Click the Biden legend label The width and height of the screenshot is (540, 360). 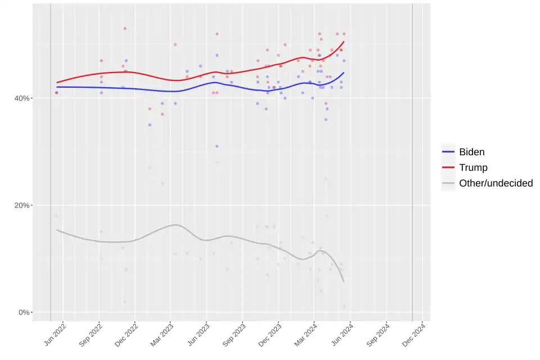click(x=471, y=152)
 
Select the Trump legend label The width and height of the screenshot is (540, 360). click(x=473, y=168)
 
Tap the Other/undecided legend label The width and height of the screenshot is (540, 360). click(x=496, y=183)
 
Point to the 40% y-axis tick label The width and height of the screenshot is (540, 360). click(x=22, y=98)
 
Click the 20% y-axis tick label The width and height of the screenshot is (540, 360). click(x=22, y=205)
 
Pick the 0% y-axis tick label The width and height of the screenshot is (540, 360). click(x=24, y=312)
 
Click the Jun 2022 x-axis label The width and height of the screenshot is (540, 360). click(x=55, y=334)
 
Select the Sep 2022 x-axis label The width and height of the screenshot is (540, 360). click(x=91, y=334)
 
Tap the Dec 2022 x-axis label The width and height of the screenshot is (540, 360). click(x=127, y=334)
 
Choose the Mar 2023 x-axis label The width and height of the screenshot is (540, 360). click(x=162, y=334)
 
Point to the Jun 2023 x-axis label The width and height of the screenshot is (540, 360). click(x=198, y=334)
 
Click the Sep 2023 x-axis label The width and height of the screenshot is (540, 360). click(x=234, y=334)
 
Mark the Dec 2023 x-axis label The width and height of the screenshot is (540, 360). click(x=269, y=334)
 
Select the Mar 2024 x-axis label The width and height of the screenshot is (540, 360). click(x=305, y=334)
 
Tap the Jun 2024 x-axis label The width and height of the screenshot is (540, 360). click(x=341, y=334)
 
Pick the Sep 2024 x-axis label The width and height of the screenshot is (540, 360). click(x=377, y=334)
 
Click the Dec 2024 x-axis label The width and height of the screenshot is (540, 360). click(x=413, y=334)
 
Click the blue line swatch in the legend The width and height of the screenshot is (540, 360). click(x=448, y=152)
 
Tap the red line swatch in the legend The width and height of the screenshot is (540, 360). click(x=448, y=168)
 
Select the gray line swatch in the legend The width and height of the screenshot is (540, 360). click(x=448, y=183)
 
